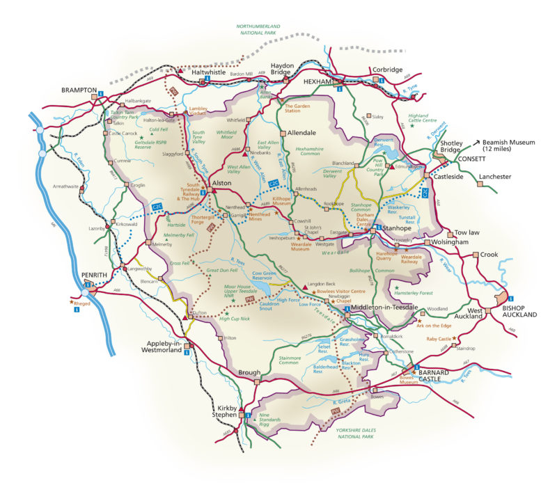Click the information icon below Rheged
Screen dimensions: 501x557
tap(76, 310)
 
